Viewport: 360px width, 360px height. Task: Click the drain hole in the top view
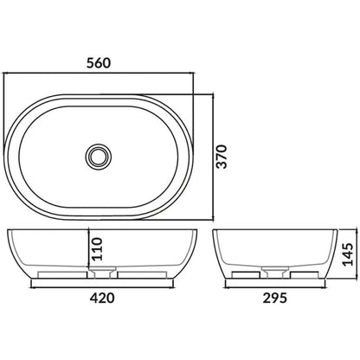point(98,155)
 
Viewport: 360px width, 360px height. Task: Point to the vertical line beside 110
point(88,251)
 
